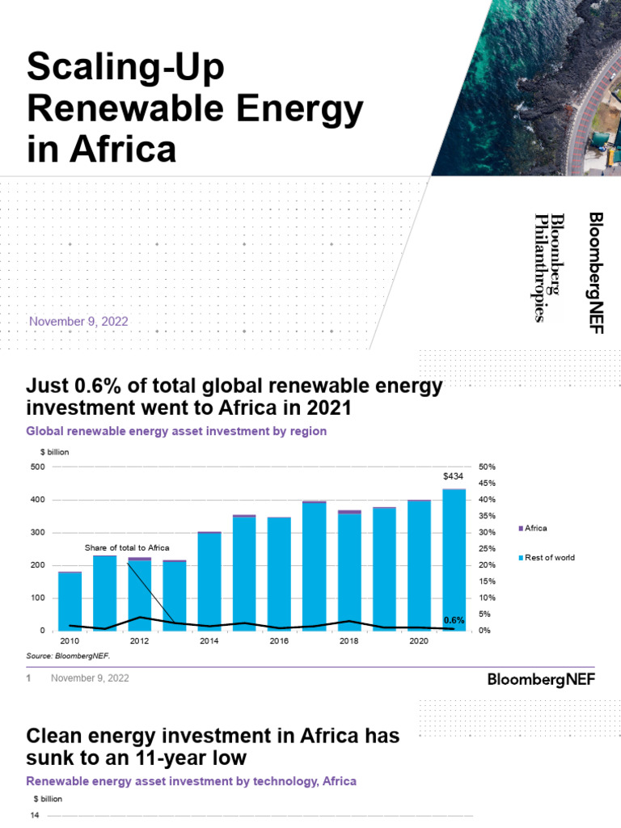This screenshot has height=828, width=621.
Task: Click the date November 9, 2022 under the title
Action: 78,322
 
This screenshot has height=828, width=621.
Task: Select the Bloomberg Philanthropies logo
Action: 549,267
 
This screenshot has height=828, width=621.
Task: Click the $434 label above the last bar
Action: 453,477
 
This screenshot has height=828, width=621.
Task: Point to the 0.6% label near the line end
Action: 454,620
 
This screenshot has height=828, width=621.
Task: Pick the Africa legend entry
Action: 535,528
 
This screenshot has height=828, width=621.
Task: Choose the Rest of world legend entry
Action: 549,558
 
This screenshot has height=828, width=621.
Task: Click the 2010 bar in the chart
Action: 70,601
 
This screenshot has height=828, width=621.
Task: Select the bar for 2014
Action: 209,581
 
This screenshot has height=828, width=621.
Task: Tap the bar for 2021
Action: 454,558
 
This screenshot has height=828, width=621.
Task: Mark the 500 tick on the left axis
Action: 38,467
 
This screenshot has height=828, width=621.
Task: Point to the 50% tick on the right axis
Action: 486,467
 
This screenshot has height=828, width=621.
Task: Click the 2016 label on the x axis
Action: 279,641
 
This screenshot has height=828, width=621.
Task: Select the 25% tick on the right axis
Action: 486,549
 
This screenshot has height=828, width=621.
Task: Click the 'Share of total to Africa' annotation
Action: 127,548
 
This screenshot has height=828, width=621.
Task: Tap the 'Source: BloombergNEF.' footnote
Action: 68,656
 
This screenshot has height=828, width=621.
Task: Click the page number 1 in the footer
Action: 28,678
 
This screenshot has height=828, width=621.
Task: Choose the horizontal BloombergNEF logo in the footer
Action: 541,679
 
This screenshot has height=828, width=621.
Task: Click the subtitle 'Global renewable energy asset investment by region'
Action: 176,432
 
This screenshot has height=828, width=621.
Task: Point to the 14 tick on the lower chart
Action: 35,815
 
